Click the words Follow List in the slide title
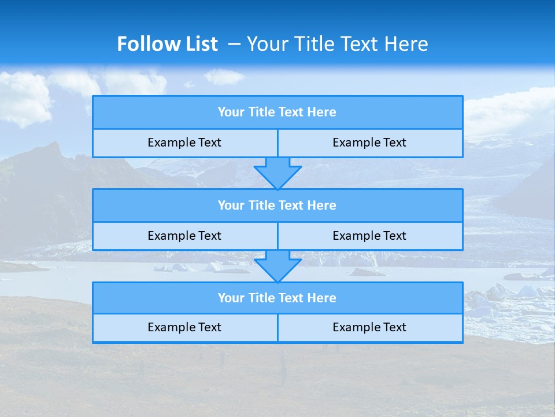pyautogui.click(x=167, y=44)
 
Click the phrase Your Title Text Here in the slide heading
pyautogui.click(x=338, y=44)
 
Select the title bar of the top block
pyautogui.click(x=277, y=112)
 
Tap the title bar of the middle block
pyautogui.click(x=277, y=206)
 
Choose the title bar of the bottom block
pyautogui.click(x=277, y=298)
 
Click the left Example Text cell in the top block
pyautogui.click(x=184, y=143)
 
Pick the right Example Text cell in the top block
pyautogui.click(x=370, y=143)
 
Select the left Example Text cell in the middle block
pyautogui.click(x=184, y=236)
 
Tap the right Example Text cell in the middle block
pyautogui.click(x=370, y=236)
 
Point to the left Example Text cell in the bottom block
pyautogui.click(x=184, y=328)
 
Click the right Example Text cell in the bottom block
pyautogui.click(x=370, y=328)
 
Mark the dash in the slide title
pyautogui.click(x=234, y=44)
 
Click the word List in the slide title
pyautogui.click(x=198, y=44)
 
